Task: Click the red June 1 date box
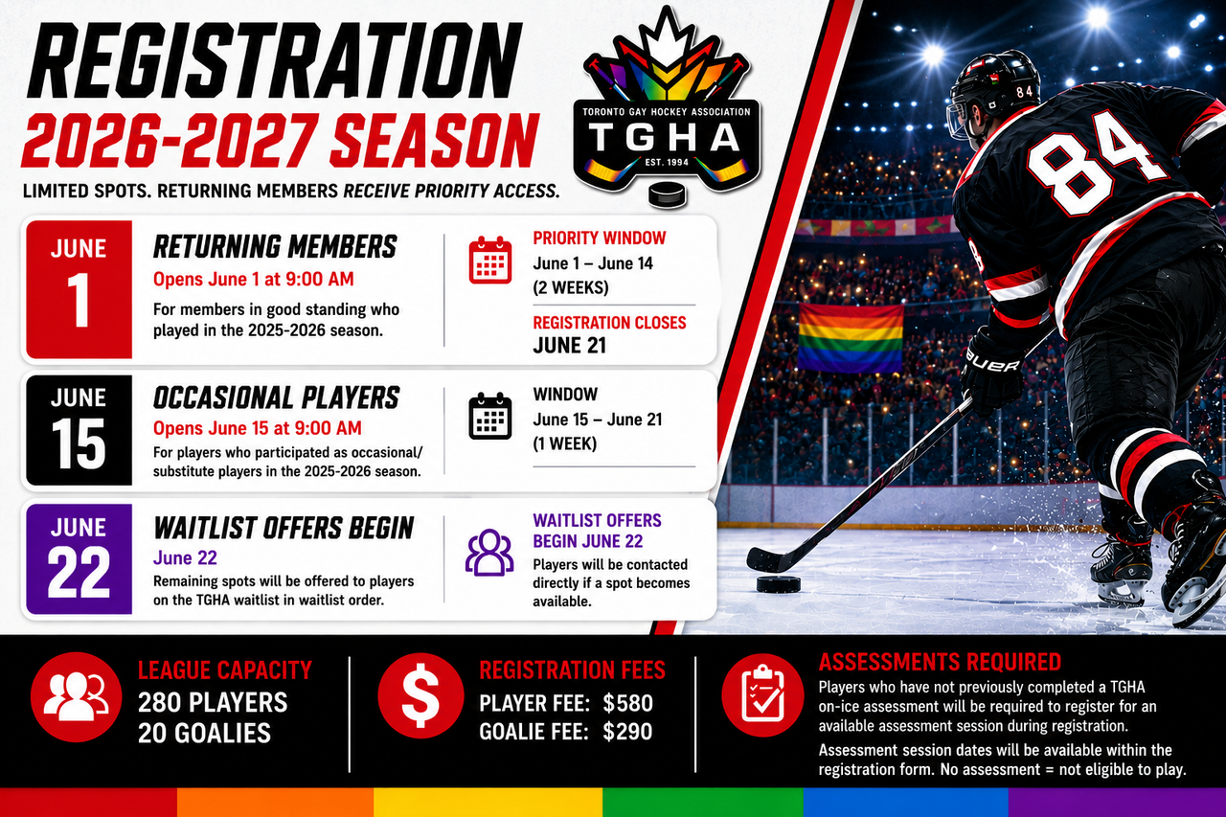coord(79,289)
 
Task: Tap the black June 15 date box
coord(79,430)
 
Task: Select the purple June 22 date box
coord(79,558)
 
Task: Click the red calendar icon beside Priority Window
coord(489,260)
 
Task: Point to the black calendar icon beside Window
coord(489,416)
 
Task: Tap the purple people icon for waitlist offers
coord(489,553)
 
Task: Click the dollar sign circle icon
coord(420,696)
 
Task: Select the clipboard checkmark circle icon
coord(762,695)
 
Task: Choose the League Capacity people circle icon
coord(76,696)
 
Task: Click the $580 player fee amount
coord(627,704)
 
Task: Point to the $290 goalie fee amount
coord(627,732)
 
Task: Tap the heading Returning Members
coord(275,247)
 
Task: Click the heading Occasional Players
coord(277,397)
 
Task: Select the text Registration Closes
coord(610,323)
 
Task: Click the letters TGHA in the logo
coord(666,137)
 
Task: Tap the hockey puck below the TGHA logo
coord(668,194)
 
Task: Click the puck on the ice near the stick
coord(779,584)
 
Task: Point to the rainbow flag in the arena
coord(851,338)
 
